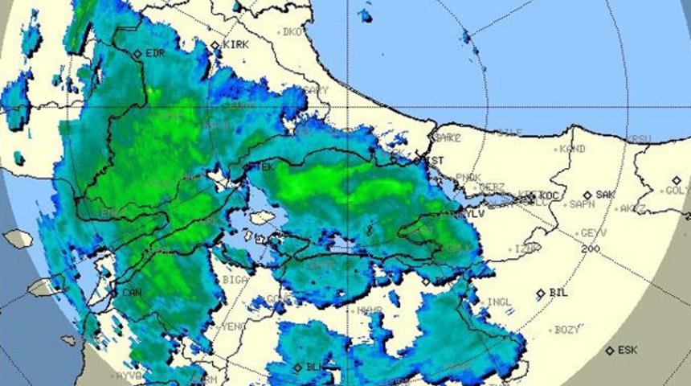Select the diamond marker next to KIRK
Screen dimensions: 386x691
pos(215,46)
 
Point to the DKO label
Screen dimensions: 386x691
pos(292,32)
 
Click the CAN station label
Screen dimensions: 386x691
pos(132,292)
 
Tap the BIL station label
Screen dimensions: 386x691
pos(558,293)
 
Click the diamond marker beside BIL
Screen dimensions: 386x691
pos(541,294)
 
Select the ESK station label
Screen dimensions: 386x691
pos(628,351)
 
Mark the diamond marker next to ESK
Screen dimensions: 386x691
pos(610,351)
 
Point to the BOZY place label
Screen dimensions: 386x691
pos(567,330)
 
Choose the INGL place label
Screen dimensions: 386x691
pos(499,302)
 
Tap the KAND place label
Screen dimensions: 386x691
pos(572,149)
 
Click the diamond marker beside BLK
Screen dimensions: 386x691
pos(298,368)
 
